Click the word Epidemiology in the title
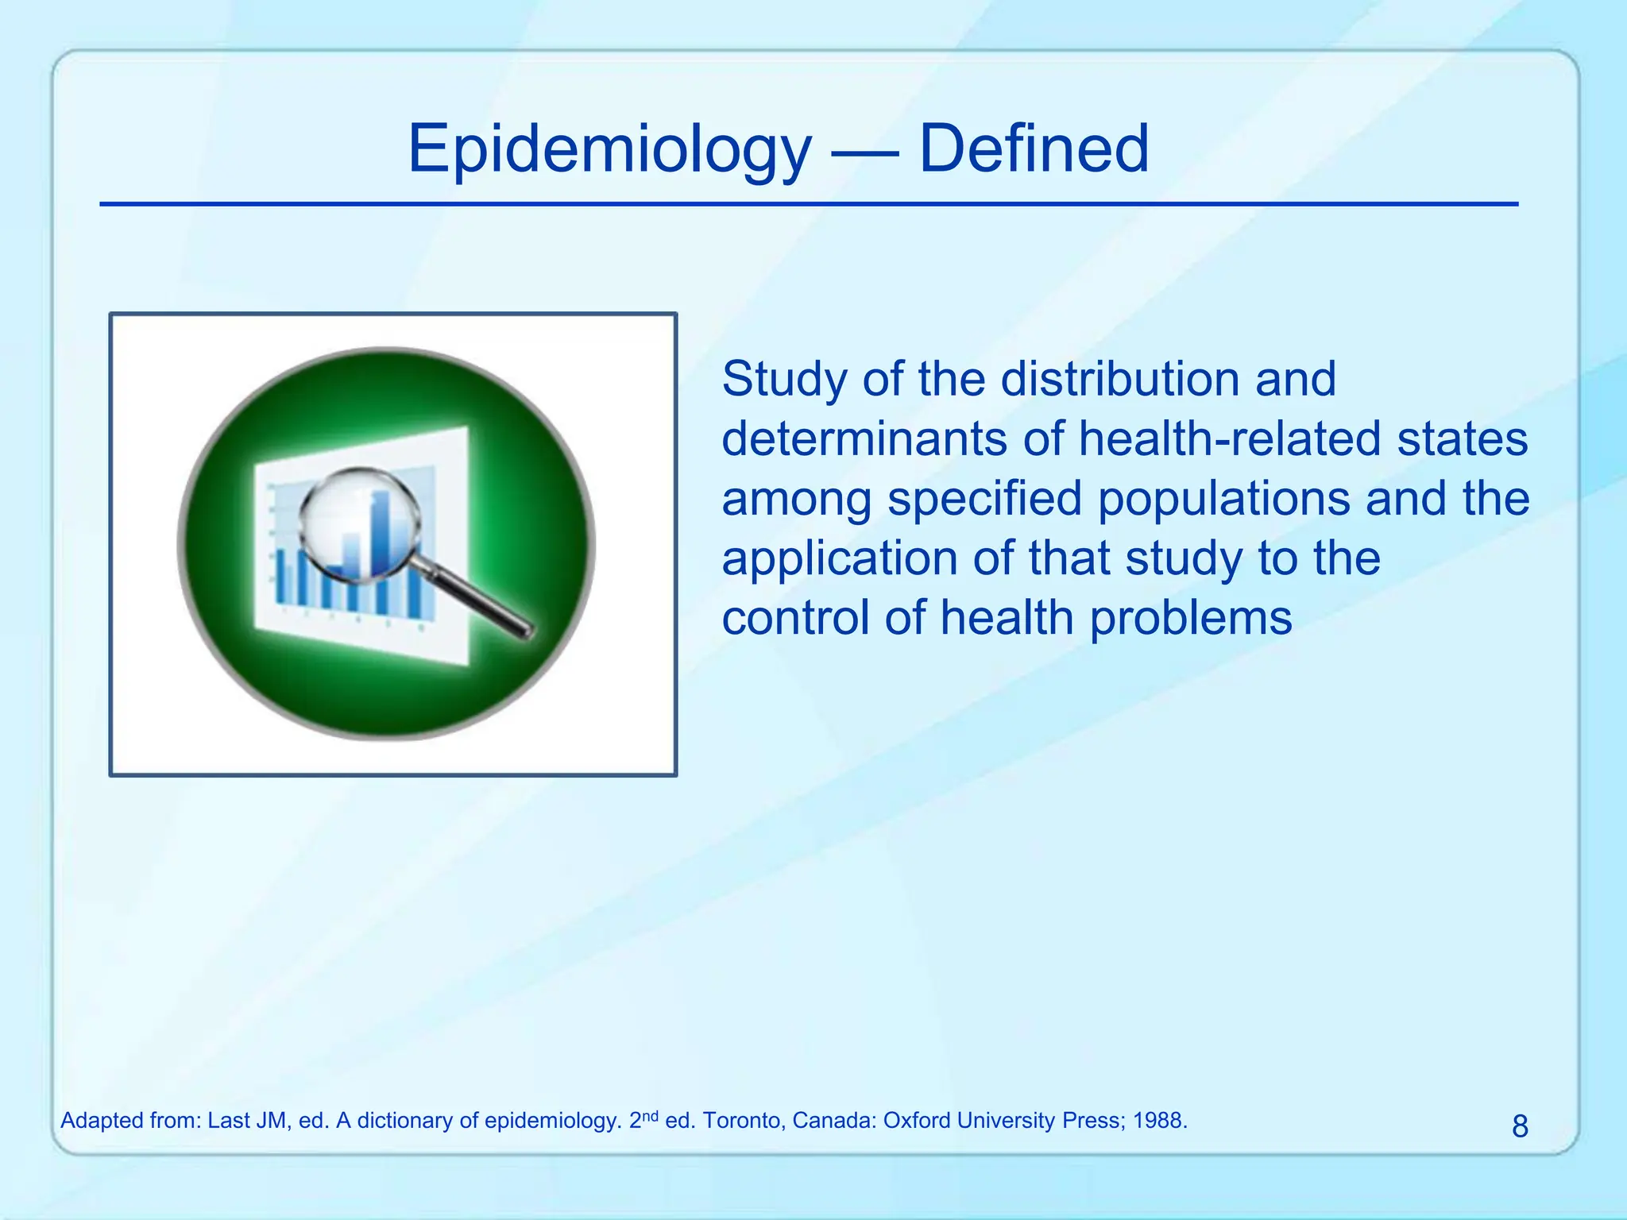click(609, 149)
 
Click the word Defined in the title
click(1034, 149)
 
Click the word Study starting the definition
click(785, 379)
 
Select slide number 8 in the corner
click(1519, 1126)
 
